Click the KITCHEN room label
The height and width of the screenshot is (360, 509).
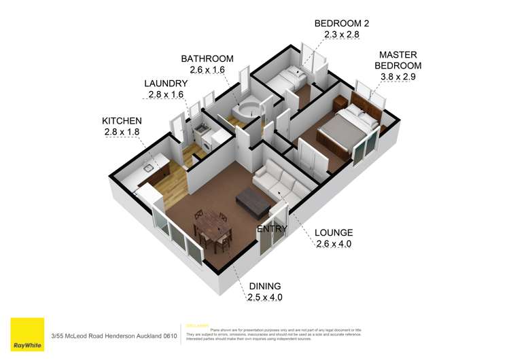tap(122, 120)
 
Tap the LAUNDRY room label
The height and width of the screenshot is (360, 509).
tap(165, 84)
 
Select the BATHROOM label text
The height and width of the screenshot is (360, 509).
tap(207, 58)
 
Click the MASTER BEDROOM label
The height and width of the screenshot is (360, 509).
tap(400, 60)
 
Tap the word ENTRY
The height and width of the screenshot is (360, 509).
tap(271, 229)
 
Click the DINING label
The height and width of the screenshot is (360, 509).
tap(264, 286)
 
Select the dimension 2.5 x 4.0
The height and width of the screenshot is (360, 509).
tap(264, 298)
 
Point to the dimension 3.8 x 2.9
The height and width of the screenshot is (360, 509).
tap(400, 77)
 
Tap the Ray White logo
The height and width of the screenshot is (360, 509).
tap(28, 334)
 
